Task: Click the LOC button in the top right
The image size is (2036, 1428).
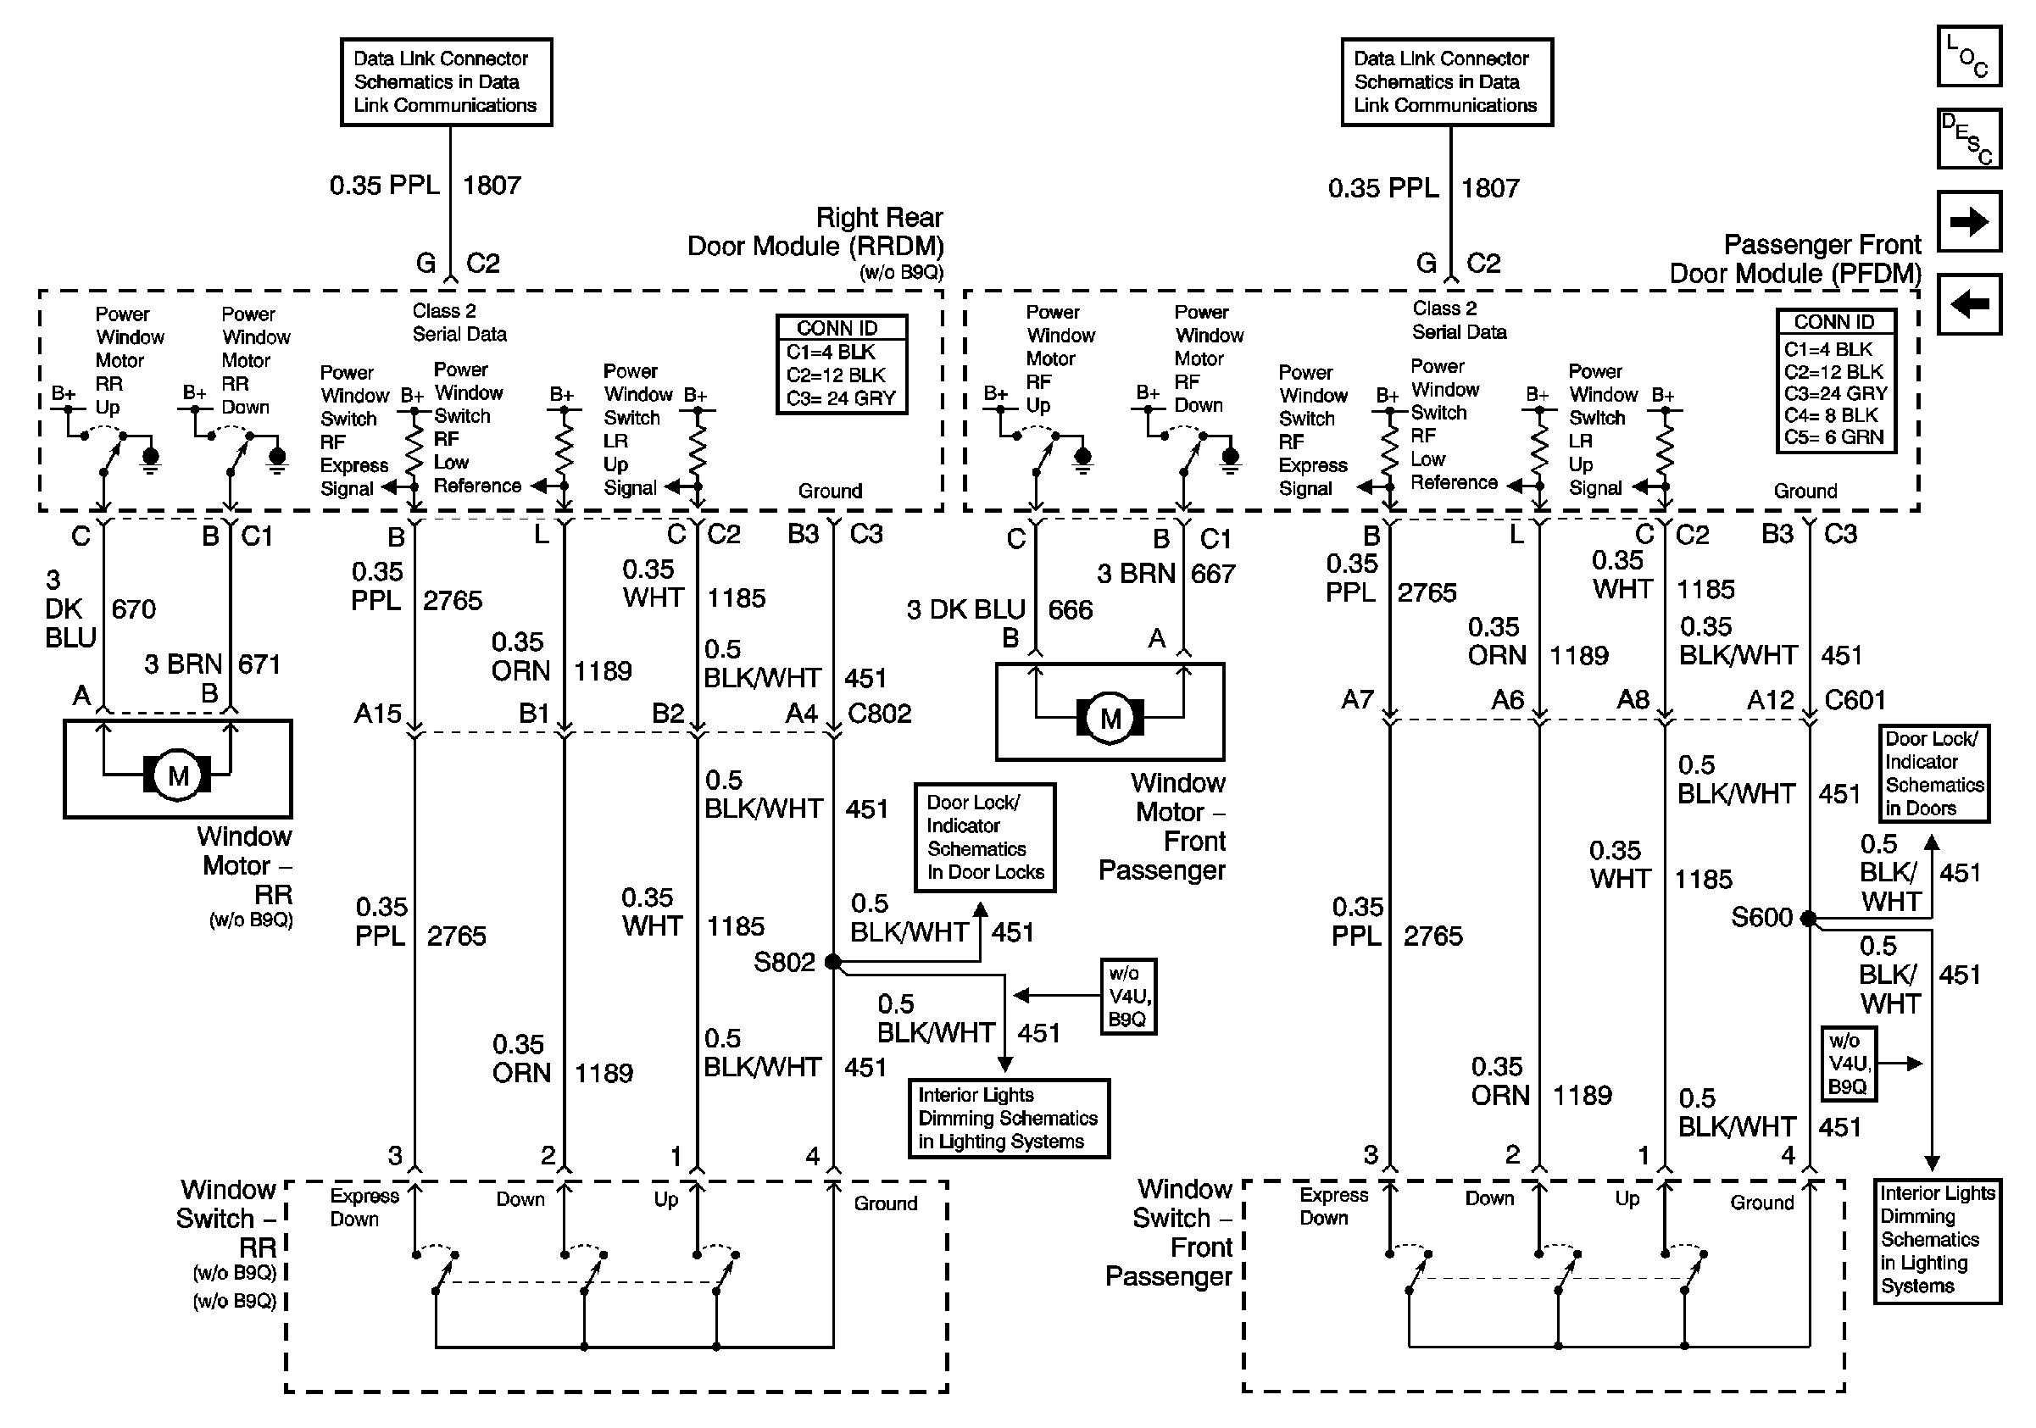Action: (1968, 56)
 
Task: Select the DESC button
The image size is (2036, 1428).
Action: (1968, 138)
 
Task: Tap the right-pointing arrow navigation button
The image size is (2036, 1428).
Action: (1968, 220)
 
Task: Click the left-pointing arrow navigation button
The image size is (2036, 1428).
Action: (1968, 304)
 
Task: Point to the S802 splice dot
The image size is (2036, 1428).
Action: (832, 962)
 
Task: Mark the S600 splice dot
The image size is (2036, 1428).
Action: (1809, 919)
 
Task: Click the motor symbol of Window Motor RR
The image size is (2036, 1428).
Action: (177, 775)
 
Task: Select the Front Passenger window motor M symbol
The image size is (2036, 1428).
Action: (1110, 718)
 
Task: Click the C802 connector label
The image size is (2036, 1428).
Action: (880, 714)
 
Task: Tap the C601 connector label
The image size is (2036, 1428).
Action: (1855, 700)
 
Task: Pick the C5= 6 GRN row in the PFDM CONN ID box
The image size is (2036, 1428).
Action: (1833, 437)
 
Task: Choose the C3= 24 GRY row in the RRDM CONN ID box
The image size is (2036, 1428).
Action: (841, 399)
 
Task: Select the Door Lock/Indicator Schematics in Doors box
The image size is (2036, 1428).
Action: (1934, 774)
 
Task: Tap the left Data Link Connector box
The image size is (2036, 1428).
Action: (446, 81)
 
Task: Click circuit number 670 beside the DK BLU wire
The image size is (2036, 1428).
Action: (134, 609)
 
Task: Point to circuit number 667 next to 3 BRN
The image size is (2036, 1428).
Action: (1213, 574)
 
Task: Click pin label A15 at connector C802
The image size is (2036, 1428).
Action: (378, 714)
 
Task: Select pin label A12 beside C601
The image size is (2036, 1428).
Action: (1771, 700)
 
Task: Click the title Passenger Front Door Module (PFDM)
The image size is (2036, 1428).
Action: (1795, 258)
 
